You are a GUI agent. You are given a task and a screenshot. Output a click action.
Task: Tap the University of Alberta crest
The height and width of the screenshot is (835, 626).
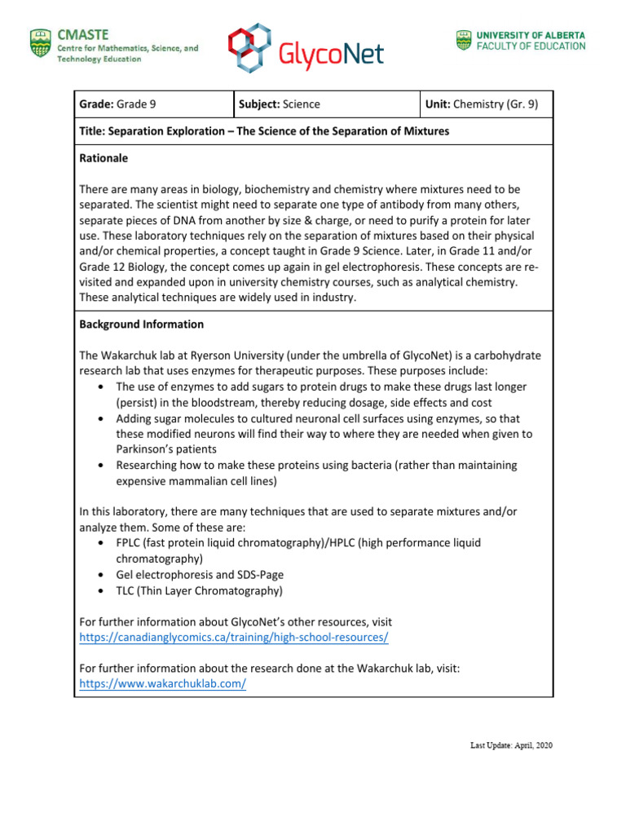click(462, 41)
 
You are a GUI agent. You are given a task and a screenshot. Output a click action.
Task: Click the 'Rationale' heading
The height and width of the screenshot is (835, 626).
click(104, 158)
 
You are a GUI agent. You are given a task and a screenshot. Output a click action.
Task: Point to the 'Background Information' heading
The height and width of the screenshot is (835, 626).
click(141, 324)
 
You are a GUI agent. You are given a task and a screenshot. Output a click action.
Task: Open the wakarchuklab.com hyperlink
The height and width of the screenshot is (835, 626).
click(162, 683)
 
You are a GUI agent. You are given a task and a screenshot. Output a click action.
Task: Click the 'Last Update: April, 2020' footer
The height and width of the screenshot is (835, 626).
click(511, 745)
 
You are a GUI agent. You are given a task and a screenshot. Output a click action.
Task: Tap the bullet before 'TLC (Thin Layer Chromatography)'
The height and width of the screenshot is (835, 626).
click(99, 590)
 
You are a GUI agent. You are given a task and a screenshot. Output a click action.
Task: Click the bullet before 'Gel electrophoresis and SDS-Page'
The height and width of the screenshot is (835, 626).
click(99, 574)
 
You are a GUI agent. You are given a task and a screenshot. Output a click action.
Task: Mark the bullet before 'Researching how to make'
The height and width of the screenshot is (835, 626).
click(99, 465)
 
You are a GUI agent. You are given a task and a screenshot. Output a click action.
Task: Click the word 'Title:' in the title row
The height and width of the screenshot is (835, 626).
click(93, 130)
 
